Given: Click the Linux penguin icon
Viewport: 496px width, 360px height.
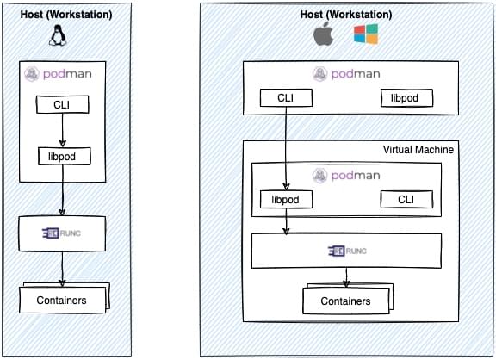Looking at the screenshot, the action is click(x=58, y=35).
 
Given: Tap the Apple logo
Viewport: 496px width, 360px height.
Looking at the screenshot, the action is click(x=323, y=34).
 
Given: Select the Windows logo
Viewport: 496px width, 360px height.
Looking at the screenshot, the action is click(x=366, y=34).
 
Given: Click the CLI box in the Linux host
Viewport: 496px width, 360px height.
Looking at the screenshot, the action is click(x=62, y=104).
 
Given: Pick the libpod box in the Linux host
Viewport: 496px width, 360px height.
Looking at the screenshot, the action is click(x=65, y=156).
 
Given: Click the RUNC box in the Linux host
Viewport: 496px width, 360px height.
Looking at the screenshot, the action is click(x=62, y=233).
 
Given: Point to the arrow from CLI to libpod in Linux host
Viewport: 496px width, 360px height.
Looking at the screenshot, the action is click(x=62, y=130).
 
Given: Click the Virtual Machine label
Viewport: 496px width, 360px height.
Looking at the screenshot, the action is click(x=418, y=150).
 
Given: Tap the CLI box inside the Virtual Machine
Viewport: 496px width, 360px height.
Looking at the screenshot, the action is click(x=406, y=199).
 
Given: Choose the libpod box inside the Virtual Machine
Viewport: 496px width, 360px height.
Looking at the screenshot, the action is click(x=286, y=199).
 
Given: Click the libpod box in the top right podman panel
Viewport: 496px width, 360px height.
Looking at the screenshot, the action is click(x=406, y=97).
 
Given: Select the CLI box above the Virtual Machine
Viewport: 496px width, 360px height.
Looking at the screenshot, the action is click(x=286, y=97).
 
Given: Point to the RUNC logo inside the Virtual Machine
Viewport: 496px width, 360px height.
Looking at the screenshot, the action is click(x=347, y=251).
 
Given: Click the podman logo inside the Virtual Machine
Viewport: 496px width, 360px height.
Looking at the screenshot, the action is click(x=346, y=175).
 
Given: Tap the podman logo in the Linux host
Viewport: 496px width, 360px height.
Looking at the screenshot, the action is click(x=58, y=74).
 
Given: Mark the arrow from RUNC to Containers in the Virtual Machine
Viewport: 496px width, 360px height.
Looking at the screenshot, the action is click(x=346, y=277).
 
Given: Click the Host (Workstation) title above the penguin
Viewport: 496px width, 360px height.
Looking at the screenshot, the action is click(x=66, y=15).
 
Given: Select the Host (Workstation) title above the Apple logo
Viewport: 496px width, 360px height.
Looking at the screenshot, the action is click(x=346, y=15).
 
